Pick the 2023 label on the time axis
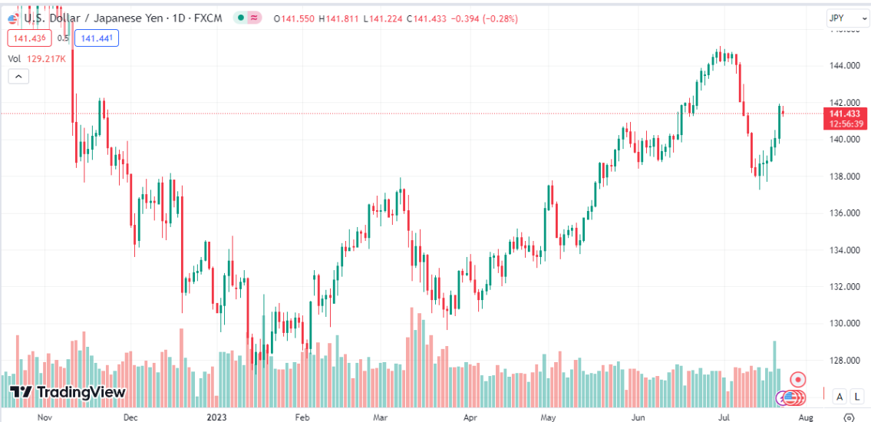click(216, 418)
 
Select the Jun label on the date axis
click(637, 418)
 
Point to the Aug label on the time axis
click(805, 418)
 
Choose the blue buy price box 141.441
click(97, 38)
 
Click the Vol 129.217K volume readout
click(37, 58)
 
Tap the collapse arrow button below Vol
click(18, 75)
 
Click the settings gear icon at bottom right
click(848, 417)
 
